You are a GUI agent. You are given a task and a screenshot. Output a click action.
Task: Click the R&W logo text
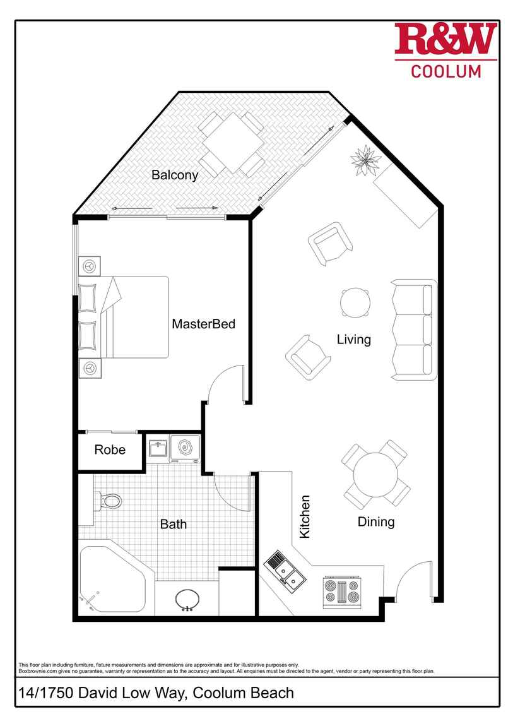point(445,40)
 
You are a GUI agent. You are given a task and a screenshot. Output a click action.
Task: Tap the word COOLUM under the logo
point(445,71)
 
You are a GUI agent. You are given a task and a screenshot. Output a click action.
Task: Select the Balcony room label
point(175,176)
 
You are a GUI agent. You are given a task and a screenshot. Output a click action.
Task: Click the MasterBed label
point(203,324)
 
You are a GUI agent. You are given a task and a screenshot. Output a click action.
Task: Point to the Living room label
point(353,340)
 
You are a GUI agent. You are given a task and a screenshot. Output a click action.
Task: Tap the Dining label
point(376,521)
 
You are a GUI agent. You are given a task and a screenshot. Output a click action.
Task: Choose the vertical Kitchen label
point(305,516)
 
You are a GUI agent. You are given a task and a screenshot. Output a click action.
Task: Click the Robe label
point(110,450)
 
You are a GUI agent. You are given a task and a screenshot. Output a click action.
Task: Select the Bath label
point(173,524)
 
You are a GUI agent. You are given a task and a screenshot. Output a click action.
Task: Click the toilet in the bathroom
point(109,502)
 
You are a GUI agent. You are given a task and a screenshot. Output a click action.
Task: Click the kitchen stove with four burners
point(341,592)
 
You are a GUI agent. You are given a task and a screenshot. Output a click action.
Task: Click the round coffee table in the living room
point(355,303)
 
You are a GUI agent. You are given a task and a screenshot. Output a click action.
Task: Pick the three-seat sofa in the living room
point(414,330)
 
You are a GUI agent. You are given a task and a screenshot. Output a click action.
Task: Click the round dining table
point(375,474)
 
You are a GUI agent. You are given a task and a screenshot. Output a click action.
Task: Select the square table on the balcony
point(232,142)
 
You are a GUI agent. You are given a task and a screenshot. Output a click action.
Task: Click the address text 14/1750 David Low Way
point(155,693)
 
